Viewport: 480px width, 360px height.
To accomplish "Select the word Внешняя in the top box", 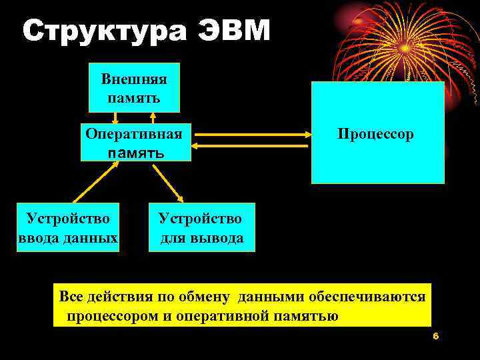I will pos(134,79).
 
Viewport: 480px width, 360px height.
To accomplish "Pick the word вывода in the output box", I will pos(217,238).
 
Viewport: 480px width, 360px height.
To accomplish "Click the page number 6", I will pos(435,337).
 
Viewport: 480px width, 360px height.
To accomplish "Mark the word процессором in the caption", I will pos(112,315).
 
